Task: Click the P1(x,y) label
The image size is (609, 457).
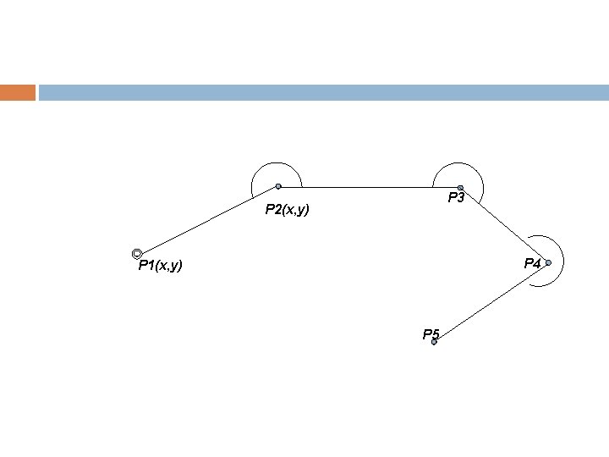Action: tap(161, 267)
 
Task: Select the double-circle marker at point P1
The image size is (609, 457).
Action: tap(137, 254)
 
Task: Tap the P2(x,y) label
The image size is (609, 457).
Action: tap(287, 210)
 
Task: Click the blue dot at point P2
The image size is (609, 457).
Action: tap(278, 186)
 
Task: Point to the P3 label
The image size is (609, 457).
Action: tap(457, 198)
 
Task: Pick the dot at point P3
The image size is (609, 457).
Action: tap(460, 187)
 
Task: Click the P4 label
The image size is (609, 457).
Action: tap(532, 263)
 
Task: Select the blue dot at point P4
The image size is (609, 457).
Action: tap(548, 263)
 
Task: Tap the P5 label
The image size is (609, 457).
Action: tap(431, 334)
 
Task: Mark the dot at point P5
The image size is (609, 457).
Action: tap(434, 342)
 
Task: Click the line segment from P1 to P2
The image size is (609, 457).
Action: tap(207, 220)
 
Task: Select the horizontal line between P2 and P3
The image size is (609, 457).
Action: tap(369, 187)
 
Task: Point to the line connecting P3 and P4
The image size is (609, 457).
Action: tap(504, 225)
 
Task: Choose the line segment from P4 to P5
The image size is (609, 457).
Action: tap(491, 303)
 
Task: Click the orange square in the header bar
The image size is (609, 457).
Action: tap(18, 92)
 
